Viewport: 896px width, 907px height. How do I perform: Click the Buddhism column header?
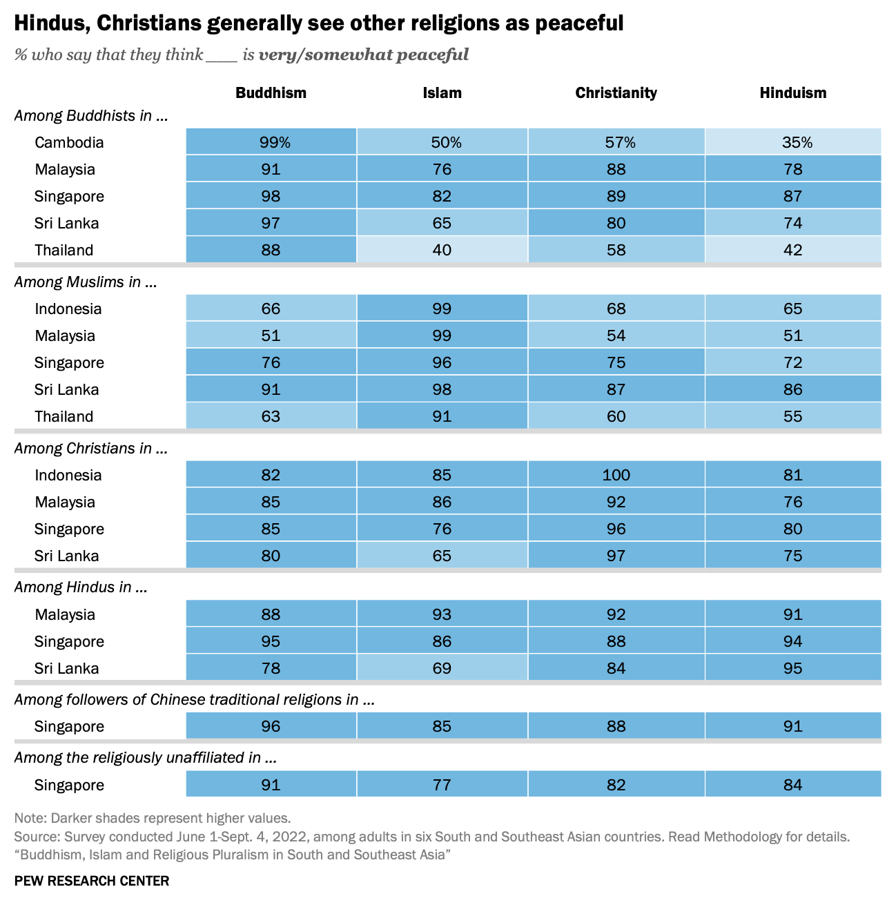[x=271, y=92]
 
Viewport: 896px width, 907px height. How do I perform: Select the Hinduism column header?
[x=792, y=92]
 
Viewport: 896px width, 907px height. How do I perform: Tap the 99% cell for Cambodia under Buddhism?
[x=271, y=142]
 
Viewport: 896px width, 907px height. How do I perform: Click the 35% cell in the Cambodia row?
[x=793, y=142]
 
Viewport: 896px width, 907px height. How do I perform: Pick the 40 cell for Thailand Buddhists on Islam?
[x=442, y=250]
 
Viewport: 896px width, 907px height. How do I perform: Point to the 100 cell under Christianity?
[x=616, y=475]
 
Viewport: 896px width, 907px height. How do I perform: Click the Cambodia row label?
[x=69, y=142]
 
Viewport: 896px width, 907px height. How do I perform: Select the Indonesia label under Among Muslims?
[x=68, y=309]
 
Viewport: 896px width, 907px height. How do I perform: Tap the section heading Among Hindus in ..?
[x=81, y=587]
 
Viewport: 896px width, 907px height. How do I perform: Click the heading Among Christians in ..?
[x=90, y=448]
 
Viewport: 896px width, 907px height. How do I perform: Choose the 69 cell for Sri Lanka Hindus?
[x=442, y=668]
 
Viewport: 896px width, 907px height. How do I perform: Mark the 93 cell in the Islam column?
[x=442, y=614]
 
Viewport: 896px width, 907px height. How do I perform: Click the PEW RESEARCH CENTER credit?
[x=92, y=881]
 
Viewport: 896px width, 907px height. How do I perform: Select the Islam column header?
[x=442, y=92]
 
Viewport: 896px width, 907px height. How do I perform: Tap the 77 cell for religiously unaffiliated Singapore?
[x=442, y=785]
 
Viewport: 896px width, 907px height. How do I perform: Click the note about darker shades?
[x=153, y=818]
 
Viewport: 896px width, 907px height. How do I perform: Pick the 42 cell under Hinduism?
[x=793, y=250]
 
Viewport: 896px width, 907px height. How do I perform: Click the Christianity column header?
[x=616, y=92]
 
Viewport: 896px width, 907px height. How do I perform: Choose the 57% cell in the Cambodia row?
[x=616, y=142]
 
